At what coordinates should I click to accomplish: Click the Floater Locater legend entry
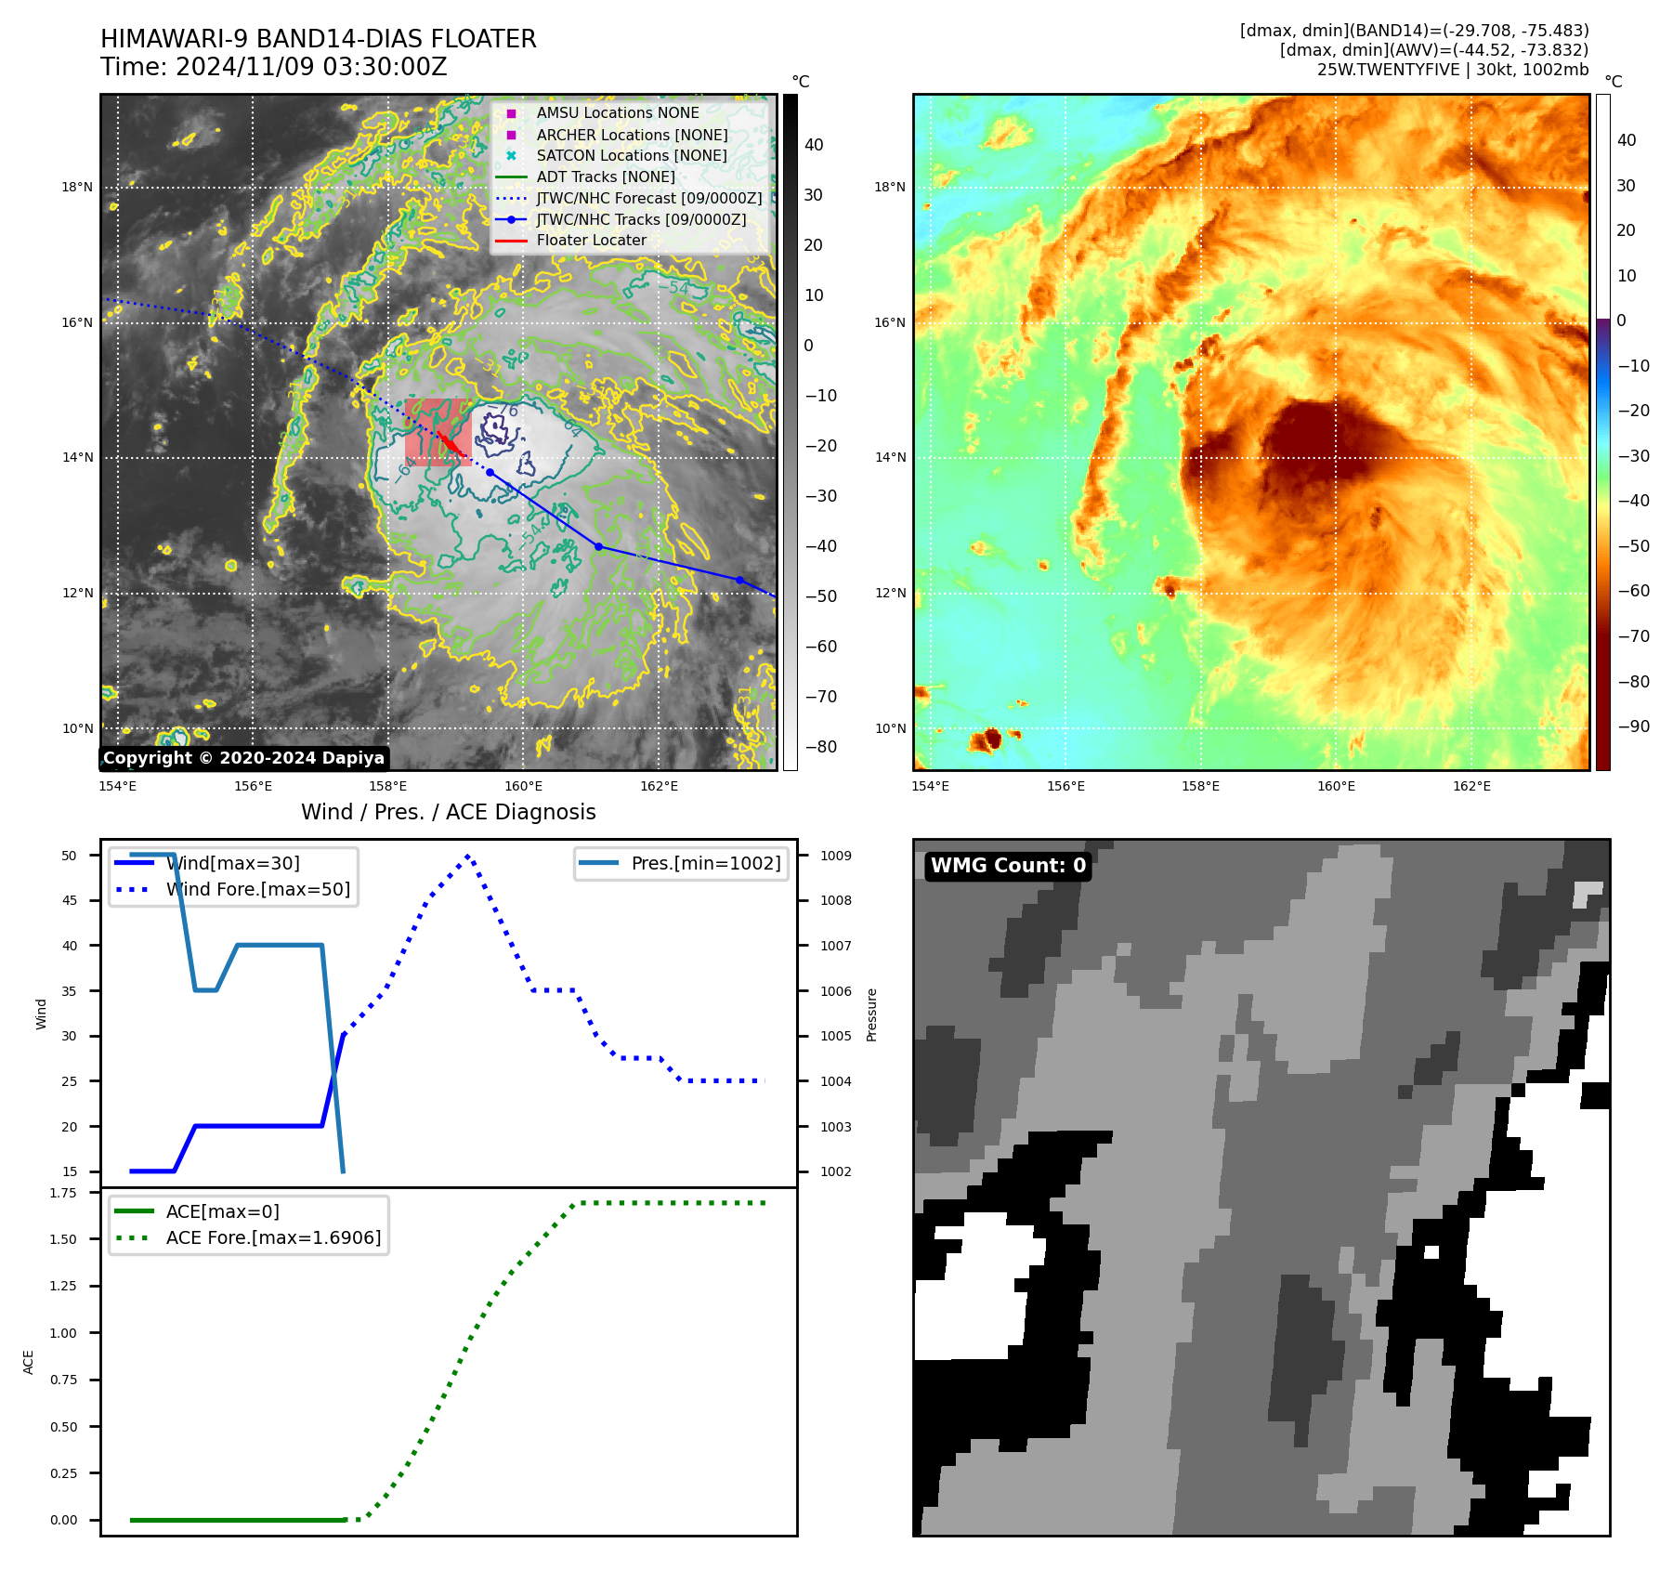[x=591, y=241]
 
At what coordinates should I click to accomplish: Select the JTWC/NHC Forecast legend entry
[x=648, y=198]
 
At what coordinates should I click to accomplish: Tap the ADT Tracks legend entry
[x=605, y=177]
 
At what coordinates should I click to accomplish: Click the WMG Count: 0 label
[x=1008, y=866]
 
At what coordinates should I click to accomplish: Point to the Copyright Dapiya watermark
[x=243, y=758]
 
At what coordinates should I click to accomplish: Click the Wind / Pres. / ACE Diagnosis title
[x=448, y=812]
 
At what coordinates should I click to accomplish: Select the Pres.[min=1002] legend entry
[x=705, y=864]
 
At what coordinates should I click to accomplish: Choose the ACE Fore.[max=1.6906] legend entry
[x=273, y=1238]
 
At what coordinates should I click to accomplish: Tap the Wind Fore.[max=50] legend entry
[x=257, y=890]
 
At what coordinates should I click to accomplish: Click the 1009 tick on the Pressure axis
[x=835, y=856]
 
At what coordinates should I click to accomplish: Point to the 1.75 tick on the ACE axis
[x=63, y=1193]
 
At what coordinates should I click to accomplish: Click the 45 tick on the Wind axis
[x=69, y=900]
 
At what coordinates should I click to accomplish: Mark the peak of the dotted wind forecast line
[x=468, y=856]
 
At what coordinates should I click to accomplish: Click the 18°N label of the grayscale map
[x=77, y=188]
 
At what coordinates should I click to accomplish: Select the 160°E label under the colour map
[x=1336, y=787]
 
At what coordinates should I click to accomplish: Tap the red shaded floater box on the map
[x=438, y=432]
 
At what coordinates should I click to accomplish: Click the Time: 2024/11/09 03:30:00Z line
[x=274, y=68]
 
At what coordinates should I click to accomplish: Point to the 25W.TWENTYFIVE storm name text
[x=1388, y=71]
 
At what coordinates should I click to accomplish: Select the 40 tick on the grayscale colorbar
[x=814, y=145]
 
